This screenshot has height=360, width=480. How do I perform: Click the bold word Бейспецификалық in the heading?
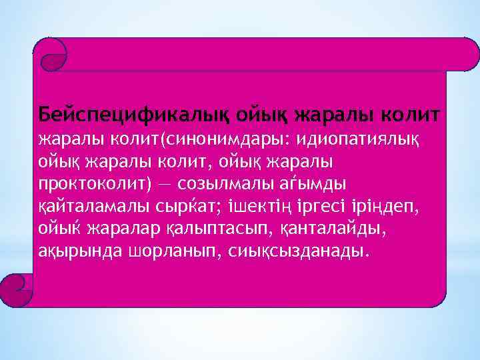(x=124, y=114)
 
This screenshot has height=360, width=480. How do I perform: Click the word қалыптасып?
(x=211, y=228)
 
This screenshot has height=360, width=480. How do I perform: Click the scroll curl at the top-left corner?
(x=51, y=53)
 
